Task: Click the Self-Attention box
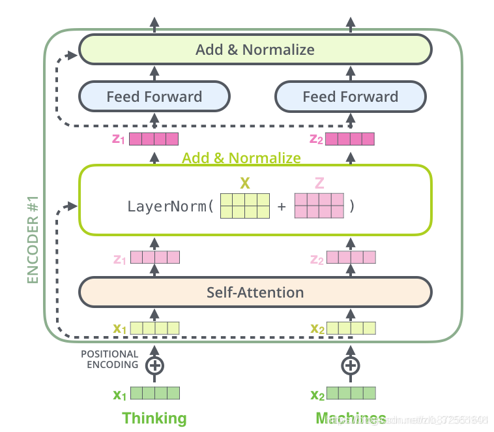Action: click(x=255, y=292)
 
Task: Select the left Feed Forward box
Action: click(x=154, y=97)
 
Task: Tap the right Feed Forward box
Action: click(x=351, y=97)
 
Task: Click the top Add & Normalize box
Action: click(x=255, y=50)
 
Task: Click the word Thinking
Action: click(x=154, y=418)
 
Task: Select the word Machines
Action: click(x=351, y=418)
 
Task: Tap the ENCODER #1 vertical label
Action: click(x=33, y=238)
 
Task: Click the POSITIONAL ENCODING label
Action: click(x=109, y=360)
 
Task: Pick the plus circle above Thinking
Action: click(x=154, y=365)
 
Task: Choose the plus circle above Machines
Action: click(x=351, y=365)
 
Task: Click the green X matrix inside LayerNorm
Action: click(x=245, y=206)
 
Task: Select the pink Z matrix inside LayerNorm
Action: click(x=319, y=206)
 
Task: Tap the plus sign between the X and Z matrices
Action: click(x=282, y=207)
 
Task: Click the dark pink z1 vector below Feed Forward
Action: click(x=154, y=138)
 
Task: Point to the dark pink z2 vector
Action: click(x=350, y=138)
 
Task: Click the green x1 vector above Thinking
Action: click(x=154, y=393)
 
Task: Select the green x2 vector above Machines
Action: click(x=351, y=393)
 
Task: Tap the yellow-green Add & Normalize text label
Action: click(x=241, y=157)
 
